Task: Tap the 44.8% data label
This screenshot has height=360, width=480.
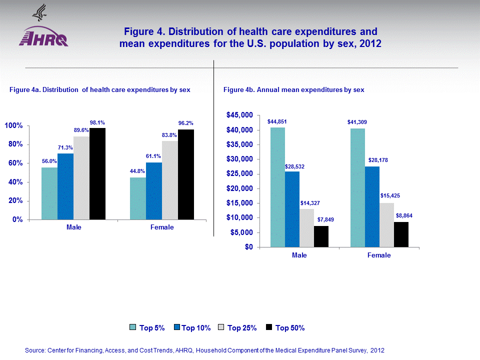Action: click(137, 171)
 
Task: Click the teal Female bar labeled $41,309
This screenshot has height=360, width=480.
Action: click(357, 187)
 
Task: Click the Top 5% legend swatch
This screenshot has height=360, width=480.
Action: click(133, 328)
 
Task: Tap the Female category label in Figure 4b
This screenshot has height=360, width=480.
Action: click(379, 255)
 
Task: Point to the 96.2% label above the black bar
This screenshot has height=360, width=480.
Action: click(185, 122)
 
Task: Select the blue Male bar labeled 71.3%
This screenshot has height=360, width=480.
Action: click(65, 186)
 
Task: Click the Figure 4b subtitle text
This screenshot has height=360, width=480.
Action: click(293, 90)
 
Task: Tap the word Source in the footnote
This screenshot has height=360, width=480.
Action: click(34, 351)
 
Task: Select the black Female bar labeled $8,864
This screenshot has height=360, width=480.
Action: click(401, 234)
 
